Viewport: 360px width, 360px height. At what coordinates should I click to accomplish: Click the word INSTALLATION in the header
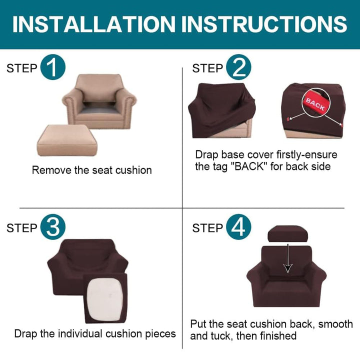tap(94, 24)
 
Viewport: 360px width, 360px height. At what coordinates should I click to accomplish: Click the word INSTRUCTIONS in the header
tap(264, 24)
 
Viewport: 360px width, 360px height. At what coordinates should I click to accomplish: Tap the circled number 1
tap(53, 67)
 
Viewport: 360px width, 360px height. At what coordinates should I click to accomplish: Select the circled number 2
tap(238, 67)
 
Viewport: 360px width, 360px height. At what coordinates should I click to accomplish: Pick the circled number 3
tap(53, 227)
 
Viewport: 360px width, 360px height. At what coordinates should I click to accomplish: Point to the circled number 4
tap(238, 227)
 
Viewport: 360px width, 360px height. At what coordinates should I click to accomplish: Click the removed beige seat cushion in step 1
tap(67, 140)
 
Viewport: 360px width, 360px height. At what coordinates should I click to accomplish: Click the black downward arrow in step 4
tap(288, 258)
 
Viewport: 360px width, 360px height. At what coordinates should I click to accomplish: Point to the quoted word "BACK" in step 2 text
tap(248, 166)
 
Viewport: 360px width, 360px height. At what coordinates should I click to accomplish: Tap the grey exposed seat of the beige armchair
tap(97, 108)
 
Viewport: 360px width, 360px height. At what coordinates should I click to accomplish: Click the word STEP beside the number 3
tap(22, 228)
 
